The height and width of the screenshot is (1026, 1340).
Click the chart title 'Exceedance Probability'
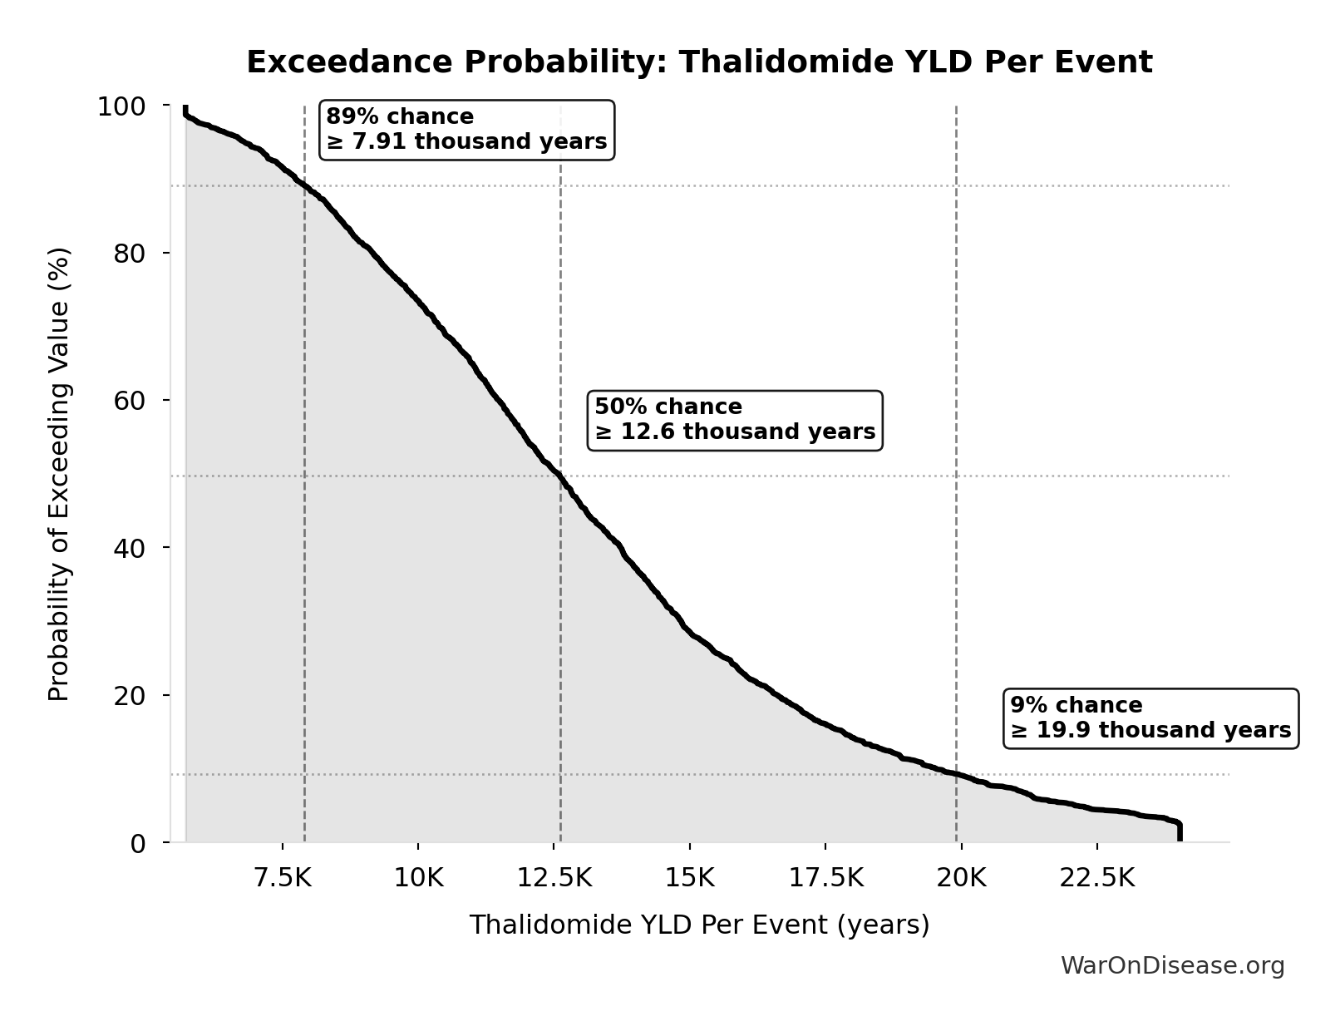pos(699,62)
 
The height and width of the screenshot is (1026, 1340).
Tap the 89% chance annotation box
pos(466,130)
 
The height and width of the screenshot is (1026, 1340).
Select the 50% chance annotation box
pos(735,420)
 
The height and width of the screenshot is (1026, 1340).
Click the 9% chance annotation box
pos(1150,718)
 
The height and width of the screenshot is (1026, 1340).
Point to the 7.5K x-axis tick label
pos(283,878)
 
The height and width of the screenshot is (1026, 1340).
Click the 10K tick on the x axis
pos(418,878)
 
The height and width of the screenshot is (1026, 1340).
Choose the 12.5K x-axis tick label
pos(554,878)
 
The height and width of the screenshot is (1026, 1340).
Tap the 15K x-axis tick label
pos(689,878)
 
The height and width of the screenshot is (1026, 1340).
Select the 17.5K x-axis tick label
pos(825,878)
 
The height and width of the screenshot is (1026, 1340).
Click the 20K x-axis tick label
pos(961,878)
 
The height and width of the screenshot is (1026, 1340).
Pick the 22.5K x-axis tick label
pos(1096,878)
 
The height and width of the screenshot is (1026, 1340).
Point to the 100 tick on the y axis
pos(121,106)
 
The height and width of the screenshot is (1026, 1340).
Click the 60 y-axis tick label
pos(130,401)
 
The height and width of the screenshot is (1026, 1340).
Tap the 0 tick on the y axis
pos(138,843)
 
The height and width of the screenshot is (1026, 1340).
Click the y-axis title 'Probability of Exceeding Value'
pos(59,474)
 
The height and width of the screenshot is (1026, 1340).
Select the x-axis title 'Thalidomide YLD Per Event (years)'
pos(699,925)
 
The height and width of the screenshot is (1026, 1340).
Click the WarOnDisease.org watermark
pos(1172,965)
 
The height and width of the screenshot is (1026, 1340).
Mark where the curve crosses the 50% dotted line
pos(559,476)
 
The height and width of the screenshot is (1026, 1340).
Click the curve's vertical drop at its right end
pos(1179,831)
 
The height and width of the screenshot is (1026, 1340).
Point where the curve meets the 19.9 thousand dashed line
pos(956,774)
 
